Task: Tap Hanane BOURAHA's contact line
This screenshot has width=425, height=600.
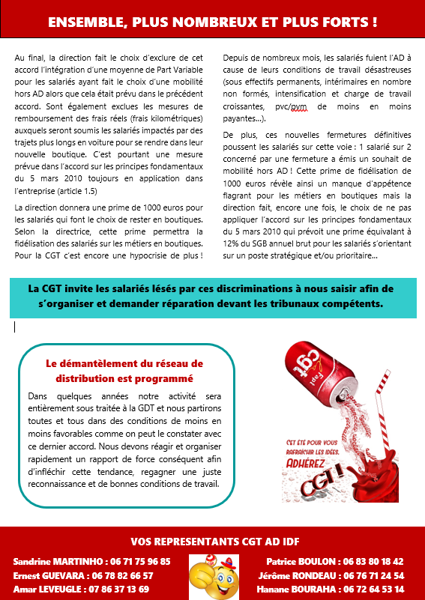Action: pos(330,589)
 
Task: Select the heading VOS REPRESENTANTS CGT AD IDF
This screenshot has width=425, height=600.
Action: pos(212,541)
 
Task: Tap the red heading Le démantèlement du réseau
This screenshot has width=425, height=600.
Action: pos(124,370)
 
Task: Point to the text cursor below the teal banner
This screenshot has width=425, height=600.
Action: pos(15,327)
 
